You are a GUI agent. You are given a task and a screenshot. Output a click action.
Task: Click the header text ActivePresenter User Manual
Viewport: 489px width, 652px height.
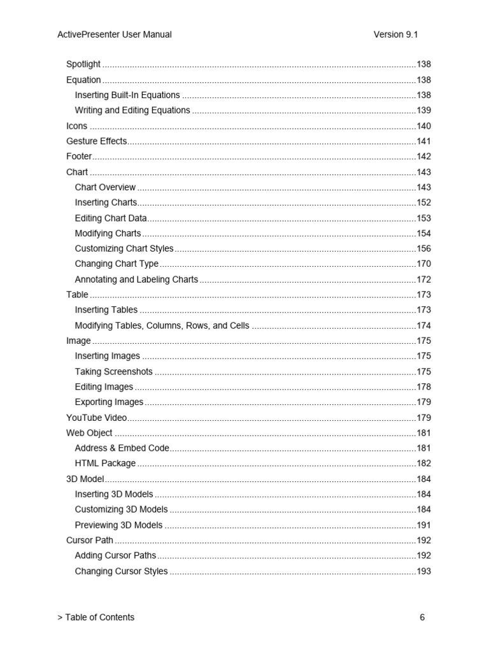coord(115,34)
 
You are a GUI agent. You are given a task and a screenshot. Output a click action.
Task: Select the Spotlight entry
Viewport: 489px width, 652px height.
coord(83,64)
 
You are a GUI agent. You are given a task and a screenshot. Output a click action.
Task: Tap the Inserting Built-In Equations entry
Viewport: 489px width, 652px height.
coord(127,95)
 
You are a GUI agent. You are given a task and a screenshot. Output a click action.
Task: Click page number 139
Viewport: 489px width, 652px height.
coord(423,110)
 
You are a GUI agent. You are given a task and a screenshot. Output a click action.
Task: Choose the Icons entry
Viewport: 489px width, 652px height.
coord(77,126)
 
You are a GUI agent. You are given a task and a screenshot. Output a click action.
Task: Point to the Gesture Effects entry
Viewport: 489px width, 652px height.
coord(97,141)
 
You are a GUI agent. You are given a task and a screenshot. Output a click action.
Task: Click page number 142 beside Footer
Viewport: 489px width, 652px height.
coord(423,157)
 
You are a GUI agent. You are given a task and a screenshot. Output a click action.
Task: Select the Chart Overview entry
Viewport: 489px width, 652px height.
coord(105,187)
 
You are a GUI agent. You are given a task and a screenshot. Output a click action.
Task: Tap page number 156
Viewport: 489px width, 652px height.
coord(423,249)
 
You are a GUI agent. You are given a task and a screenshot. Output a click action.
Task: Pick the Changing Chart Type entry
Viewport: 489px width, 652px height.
coord(117,264)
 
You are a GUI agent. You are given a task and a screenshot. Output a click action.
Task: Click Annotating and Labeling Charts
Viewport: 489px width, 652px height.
coord(136,280)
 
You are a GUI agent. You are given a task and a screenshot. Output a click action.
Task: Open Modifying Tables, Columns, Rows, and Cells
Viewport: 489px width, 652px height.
coord(162,325)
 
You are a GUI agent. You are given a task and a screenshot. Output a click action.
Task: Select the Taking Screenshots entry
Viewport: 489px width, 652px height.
coord(113,372)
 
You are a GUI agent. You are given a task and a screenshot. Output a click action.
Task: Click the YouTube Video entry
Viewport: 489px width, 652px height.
coord(97,418)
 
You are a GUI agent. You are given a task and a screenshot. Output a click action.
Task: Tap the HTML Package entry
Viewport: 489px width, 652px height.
coord(105,464)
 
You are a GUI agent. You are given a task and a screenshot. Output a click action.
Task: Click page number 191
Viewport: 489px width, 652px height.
coord(423,525)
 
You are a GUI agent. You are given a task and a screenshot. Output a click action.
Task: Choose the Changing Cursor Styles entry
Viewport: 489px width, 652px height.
coord(121,571)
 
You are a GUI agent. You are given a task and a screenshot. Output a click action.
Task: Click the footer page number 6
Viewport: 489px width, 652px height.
coord(422,617)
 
